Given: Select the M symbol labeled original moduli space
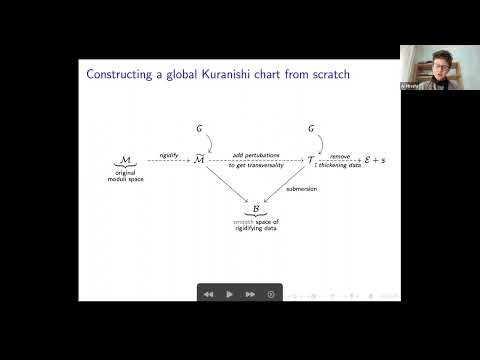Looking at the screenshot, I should pyautogui.click(x=124, y=160).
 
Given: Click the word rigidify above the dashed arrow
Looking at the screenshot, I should pyautogui.click(x=169, y=154).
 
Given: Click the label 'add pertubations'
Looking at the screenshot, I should pyautogui.click(x=255, y=154).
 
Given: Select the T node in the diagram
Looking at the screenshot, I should pyautogui.click(x=310, y=160).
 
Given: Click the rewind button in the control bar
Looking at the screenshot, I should pyautogui.click(x=208, y=294).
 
